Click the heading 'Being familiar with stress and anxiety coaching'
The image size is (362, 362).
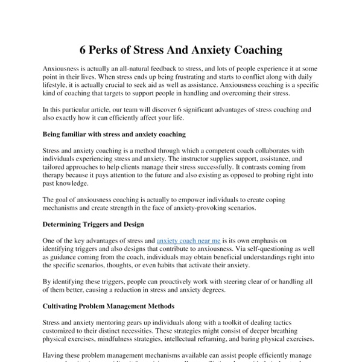point(114,133)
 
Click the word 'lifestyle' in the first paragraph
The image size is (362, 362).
point(56,86)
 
